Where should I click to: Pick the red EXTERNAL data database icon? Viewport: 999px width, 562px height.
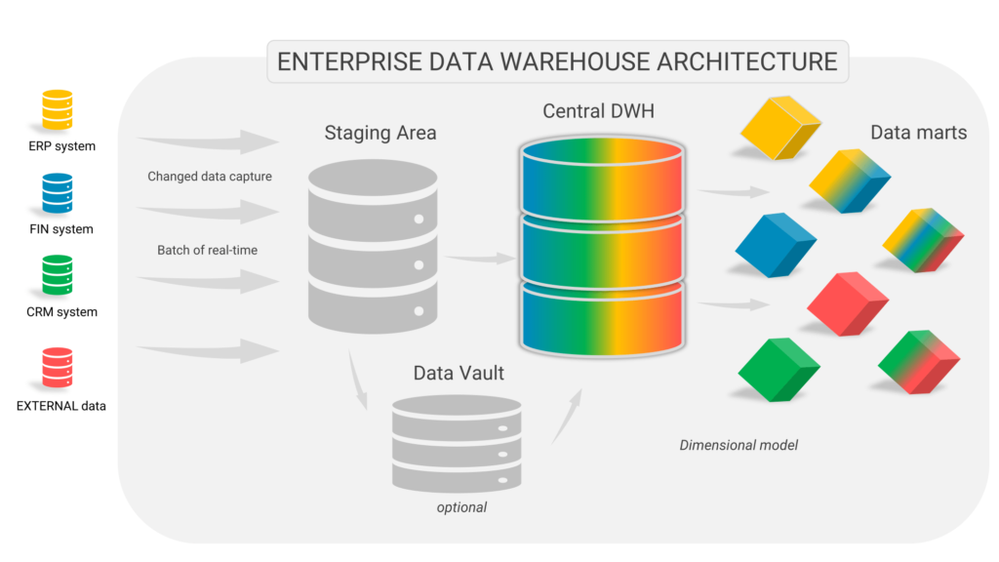coord(57,369)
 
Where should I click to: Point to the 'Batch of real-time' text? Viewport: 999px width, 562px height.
coord(207,250)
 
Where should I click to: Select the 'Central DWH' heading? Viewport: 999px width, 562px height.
coord(599,111)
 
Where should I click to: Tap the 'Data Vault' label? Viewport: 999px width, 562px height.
coord(459,373)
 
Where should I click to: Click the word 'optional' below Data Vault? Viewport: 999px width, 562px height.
coord(461,507)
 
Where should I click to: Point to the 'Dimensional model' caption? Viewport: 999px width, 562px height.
coord(739,445)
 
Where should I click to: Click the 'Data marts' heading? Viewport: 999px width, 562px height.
coord(918,132)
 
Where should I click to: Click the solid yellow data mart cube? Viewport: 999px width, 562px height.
coord(779,128)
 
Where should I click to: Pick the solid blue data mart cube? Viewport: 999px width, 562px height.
coord(775,244)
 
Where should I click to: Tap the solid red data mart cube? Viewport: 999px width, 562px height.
coord(848,304)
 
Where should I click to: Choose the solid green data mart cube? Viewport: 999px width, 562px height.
coord(779,370)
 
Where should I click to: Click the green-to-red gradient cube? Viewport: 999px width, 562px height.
coord(920,362)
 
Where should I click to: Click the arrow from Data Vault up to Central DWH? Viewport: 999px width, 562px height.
coord(569,415)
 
